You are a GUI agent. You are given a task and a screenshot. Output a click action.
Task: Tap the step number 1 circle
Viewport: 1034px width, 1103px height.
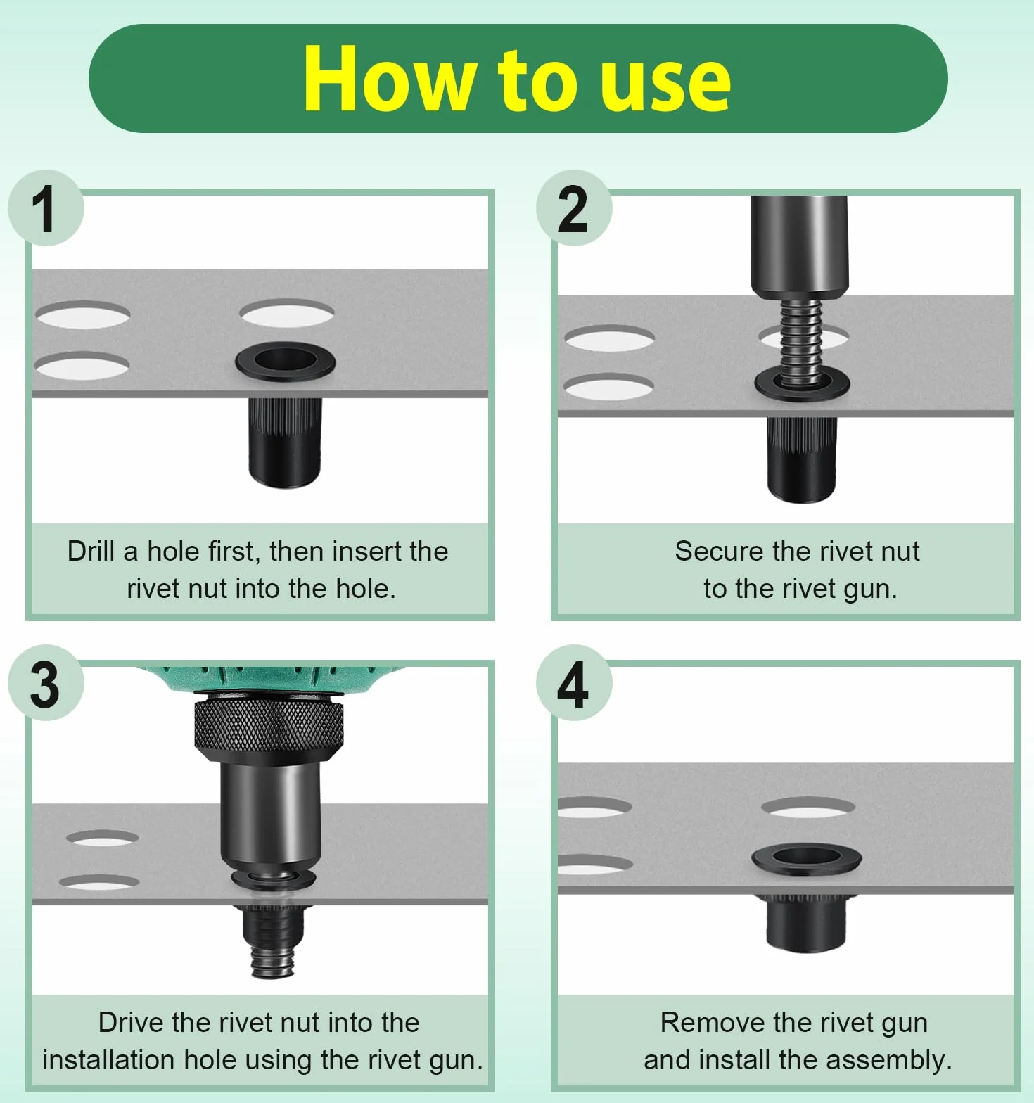(46, 208)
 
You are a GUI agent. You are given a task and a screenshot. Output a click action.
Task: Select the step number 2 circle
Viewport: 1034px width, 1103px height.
(574, 208)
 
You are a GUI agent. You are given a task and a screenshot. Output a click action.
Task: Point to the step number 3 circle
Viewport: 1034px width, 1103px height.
(46, 682)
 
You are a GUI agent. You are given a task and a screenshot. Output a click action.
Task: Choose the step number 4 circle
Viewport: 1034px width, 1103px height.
(574, 682)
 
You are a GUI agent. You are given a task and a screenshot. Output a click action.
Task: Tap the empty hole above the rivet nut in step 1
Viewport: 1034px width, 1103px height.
(286, 313)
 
